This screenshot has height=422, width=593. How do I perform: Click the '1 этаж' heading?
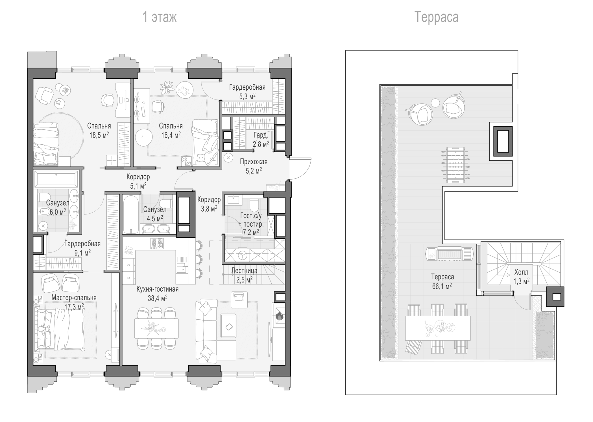click(x=160, y=17)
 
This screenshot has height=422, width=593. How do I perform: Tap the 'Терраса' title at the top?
click(x=436, y=17)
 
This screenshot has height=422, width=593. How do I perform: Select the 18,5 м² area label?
click(x=99, y=135)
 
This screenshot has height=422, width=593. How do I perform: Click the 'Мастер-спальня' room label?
click(x=74, y=298)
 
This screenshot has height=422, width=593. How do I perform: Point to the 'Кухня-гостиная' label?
click(x=158, y=289)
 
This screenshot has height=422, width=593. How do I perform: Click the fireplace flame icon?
click(x=279, y=316)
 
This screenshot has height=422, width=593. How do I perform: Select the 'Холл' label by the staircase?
click(x=521, y=272)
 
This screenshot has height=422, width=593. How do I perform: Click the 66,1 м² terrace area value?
click(x=442, y=286)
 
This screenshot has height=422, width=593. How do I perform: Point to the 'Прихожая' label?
click(x=254, y=162)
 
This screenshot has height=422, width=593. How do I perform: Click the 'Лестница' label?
click(x=244, y=271)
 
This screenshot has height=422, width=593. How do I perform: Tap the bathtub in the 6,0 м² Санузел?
click(x=56, y=179)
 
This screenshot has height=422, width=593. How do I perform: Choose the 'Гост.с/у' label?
click(x=251, y=216)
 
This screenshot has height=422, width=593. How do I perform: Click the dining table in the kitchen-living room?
click(x=156, y=328)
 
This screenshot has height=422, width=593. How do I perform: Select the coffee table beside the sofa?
click(x=228, y=326)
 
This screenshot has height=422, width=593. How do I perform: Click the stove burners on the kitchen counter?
click(x=157, y=244)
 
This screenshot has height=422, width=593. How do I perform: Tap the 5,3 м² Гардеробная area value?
click(x=247, y=97)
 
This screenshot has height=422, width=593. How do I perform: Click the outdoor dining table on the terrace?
click(x=438, y=328)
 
